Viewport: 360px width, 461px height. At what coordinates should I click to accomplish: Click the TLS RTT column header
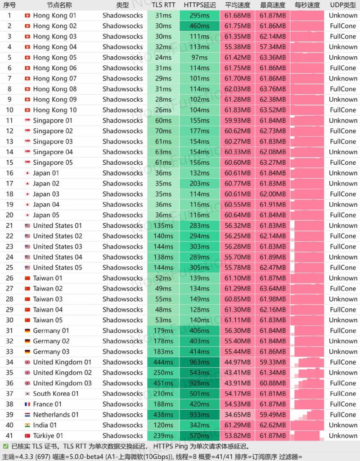(x=163, y=5)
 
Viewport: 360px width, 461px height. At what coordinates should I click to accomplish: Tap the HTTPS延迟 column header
(x=199, y=5)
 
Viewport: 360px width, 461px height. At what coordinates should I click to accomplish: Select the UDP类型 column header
(x=343, y=5)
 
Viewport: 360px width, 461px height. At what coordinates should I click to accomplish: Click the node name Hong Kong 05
(x=54, y=57)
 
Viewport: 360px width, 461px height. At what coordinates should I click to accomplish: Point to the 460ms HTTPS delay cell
(x=199, y=26)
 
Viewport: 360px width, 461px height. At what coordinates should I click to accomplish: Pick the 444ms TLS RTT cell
(x=163, y=362)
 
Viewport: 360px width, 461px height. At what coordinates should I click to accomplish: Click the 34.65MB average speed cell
(x=238, y=415)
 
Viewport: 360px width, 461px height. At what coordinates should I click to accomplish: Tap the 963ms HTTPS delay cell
(x=199, y=362)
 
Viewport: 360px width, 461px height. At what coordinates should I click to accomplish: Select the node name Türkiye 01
(x=48, y=436)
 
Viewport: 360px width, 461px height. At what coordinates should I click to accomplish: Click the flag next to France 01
(x=27, y=404)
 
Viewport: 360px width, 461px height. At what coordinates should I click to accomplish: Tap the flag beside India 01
(x=27, y=425)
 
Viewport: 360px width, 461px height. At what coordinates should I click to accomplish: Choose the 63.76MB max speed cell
(x=273, y=89)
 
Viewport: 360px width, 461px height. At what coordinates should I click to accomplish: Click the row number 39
(x=9, y=415)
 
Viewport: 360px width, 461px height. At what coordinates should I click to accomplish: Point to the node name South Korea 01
(x=56, y=393)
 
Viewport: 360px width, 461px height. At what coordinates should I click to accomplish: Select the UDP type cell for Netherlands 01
(x=343, y=415)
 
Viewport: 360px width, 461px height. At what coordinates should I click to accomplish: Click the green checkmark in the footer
(x=5, y=446)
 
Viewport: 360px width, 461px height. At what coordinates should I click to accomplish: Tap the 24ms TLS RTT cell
(x=163, y=57)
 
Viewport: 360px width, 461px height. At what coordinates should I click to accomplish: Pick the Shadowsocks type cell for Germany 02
(x=122, y=341)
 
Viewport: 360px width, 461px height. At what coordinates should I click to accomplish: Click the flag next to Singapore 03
(x=27, y=141)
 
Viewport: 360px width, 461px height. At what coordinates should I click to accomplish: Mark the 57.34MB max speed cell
(x=273, y=47)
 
